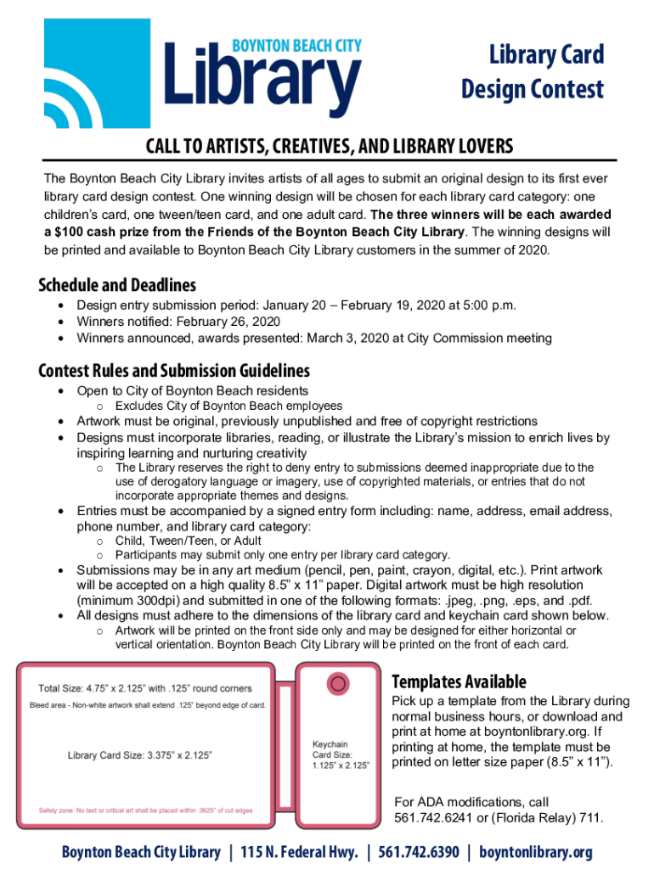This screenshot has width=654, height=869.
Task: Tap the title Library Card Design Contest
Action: point(533,71)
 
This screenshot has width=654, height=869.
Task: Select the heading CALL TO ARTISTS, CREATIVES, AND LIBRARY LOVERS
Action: point(330,148)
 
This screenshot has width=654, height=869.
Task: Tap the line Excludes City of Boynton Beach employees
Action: point(228,406)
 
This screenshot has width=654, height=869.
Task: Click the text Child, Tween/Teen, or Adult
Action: point(189,541)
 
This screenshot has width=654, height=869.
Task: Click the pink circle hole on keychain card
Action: point(338,683)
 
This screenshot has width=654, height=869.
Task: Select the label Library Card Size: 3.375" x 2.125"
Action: point(140,754)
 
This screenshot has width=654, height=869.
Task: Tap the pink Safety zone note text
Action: point(146,810)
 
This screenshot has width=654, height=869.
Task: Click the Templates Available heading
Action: point(459,681)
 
